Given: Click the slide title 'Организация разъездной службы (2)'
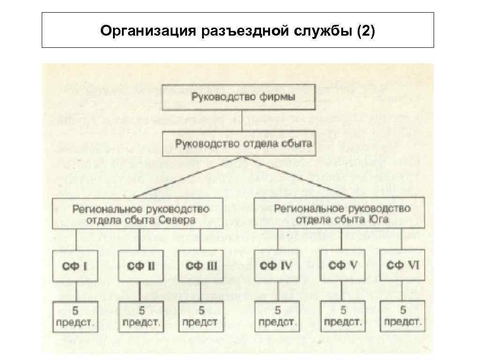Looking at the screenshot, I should pos(238,31).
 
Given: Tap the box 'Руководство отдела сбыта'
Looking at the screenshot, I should pos(243,144).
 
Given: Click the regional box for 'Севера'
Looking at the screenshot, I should pos(138,214).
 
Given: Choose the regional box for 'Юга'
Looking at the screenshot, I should pos(339,213).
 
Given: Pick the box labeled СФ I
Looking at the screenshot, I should pos(75,266).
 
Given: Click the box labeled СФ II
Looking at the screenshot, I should pos(141,266).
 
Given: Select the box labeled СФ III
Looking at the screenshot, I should pos(201,266).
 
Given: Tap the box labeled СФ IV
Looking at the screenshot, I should pos(277,266).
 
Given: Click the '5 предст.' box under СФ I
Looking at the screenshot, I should pos(75,316).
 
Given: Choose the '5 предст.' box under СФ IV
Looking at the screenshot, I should pos(277,316).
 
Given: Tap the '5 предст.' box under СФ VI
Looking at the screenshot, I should pos(403,316).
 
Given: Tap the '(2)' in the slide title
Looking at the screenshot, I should pos(365,31).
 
